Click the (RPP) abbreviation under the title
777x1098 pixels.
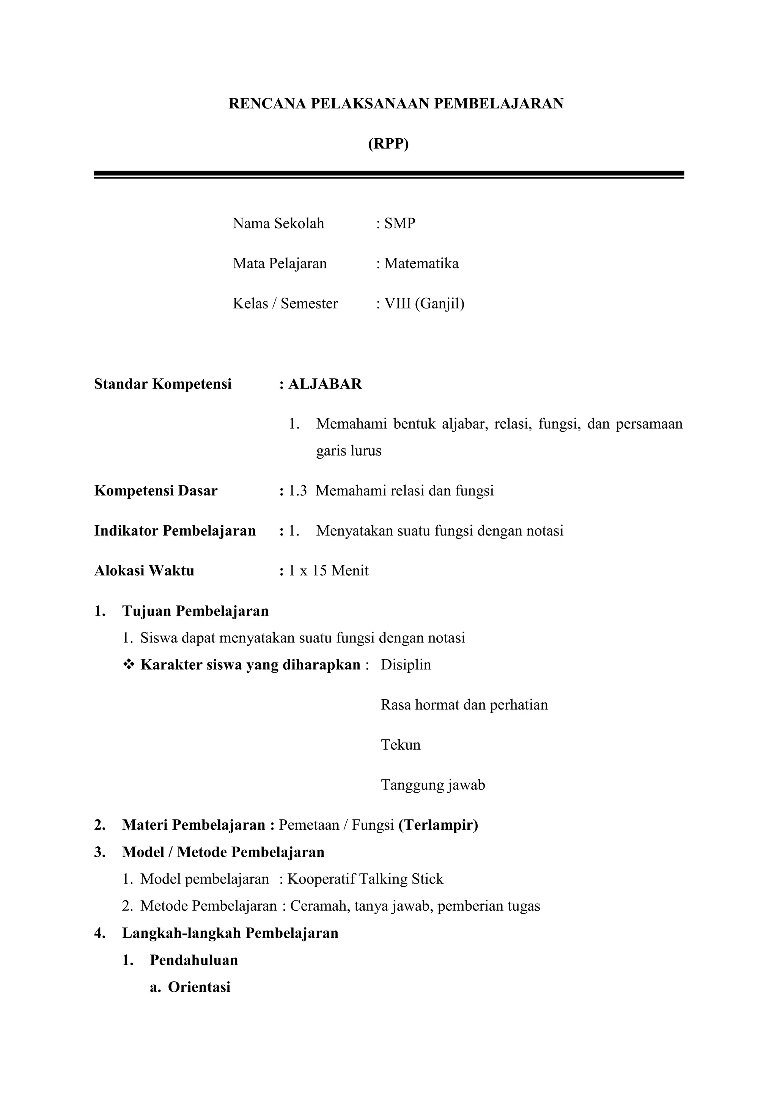point(388,144)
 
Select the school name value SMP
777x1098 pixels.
point(400,223)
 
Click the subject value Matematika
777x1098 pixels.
point(421,263)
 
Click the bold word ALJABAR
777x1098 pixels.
point(325,384)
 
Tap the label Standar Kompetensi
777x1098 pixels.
point(163,384)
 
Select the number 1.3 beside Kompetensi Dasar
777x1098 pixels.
point(297,491)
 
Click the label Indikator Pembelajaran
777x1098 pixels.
point(175,531)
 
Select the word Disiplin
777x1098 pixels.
point(406,665)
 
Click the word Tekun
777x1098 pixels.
point(401,745)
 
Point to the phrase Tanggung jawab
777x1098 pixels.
point(433,785)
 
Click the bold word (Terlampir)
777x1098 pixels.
point(438,825)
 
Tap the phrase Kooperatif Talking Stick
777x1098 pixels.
point(365,879)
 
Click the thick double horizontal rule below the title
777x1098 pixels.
point(389,175)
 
